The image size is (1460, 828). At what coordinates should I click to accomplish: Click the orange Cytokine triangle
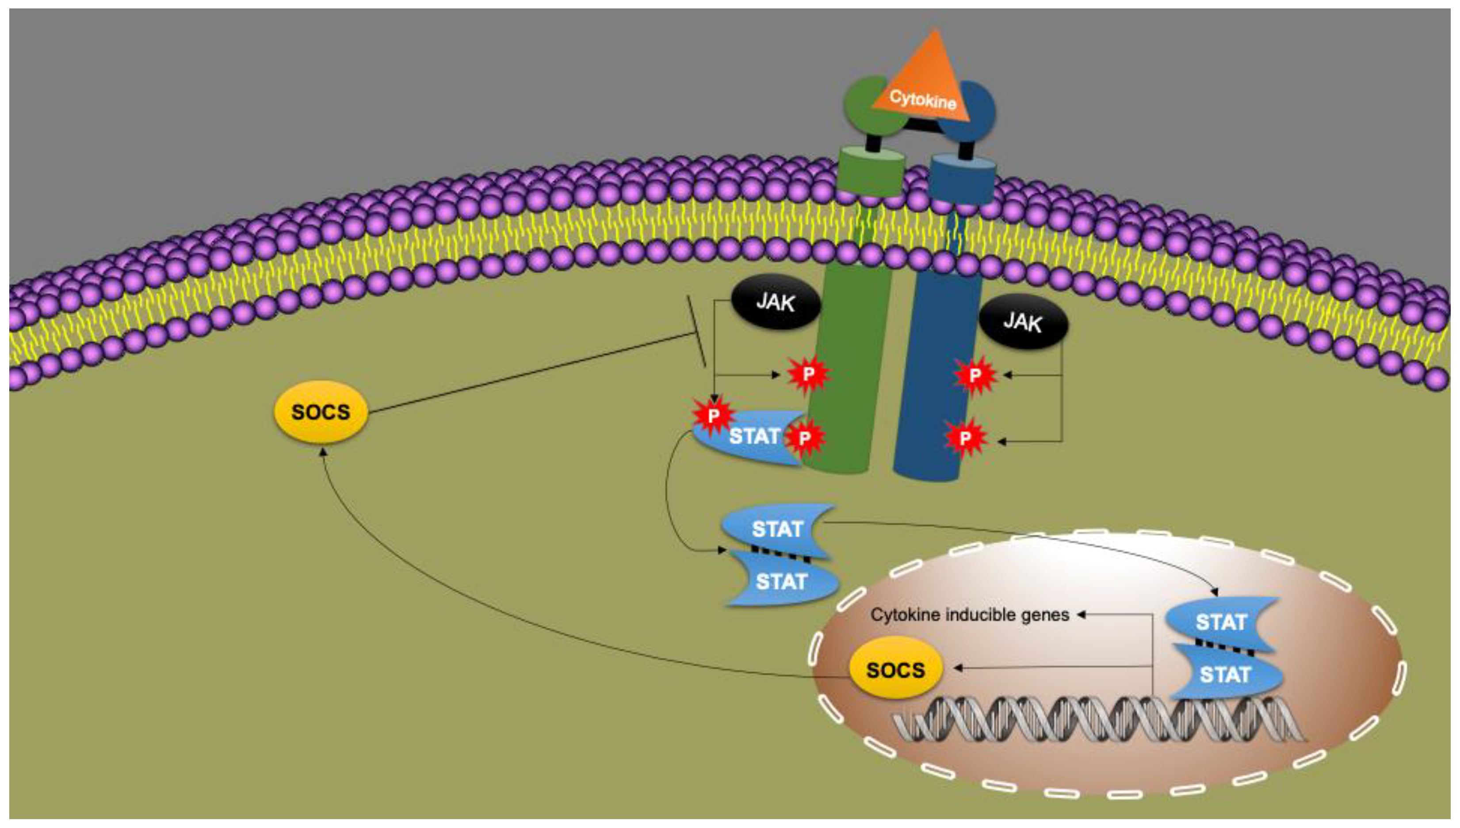[x=928, y=85]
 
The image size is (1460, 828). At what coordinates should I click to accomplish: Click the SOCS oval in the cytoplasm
[x=321, y=412]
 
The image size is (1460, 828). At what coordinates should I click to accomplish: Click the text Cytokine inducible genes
[x=970, y=615]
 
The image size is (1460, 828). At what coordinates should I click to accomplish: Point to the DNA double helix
[x=1098, y=719]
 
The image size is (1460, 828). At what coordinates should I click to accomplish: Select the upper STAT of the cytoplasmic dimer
[x=776, y=529]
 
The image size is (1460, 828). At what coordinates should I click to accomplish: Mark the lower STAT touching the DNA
[x=1224, y=675]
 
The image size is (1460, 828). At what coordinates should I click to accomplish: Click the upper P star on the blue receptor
[x=975, y=375]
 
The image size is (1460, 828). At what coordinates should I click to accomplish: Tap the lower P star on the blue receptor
[x=965, y=438]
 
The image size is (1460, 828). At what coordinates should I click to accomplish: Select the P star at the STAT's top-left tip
[x=713, y=416]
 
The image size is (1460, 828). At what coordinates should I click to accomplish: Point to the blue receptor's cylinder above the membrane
[x=961, y=181]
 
